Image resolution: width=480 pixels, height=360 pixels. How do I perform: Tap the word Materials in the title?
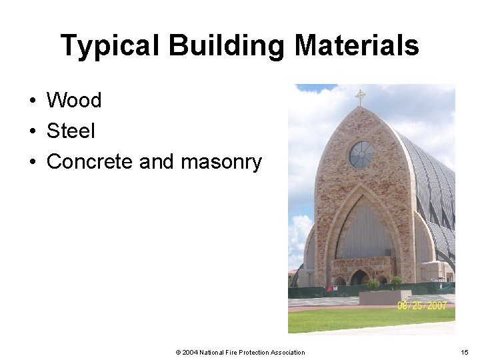click(357, 46)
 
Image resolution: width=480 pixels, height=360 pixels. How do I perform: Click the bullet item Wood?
click(74, 101)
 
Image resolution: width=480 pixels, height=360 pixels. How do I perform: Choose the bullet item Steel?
click(71, 131)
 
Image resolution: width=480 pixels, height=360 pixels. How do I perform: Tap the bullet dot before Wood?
click(32, 101)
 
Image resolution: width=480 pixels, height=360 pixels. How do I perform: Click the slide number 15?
click(465, 352)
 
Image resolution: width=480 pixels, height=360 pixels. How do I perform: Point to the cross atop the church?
click(361, 97)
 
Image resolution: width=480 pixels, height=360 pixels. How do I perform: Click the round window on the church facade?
click(361, 154)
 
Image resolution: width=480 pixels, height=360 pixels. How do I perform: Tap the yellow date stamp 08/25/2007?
click(421, 305)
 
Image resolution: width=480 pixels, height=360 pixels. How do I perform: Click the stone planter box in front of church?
click(385, 297)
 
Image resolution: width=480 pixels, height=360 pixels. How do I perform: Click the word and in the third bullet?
click(155, 162)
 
